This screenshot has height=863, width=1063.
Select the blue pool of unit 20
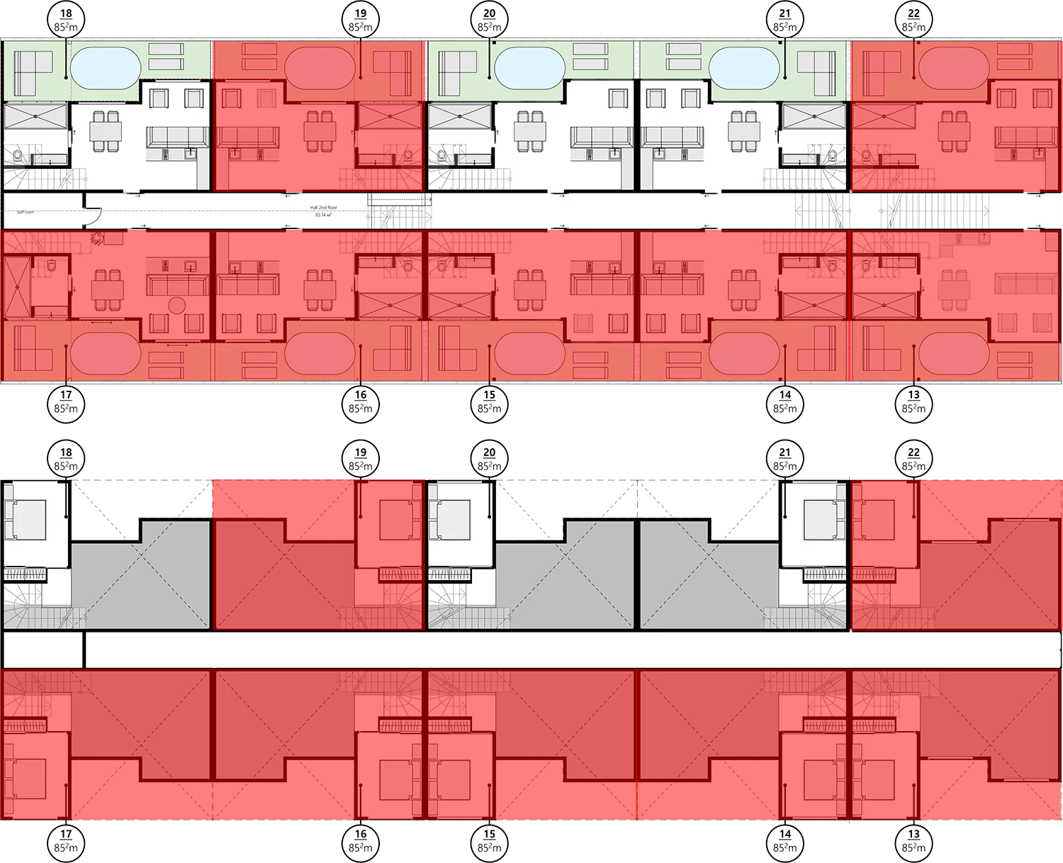tap(529, 67)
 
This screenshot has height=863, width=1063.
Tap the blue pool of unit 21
tap(743, 67)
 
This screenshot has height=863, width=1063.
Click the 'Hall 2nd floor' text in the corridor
tap(324, 208)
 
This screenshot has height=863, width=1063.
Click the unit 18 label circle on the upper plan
tap(66, 20)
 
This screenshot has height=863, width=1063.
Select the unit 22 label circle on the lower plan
tap(913, 460)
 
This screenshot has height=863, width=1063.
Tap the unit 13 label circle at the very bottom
tap(913, 841)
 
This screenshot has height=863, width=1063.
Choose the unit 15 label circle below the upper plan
tap(489, 402)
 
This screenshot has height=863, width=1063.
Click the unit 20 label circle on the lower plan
tap(489, 460)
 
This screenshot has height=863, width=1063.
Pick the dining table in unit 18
tap(106, 131)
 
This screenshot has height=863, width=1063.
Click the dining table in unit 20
tap(529, 131)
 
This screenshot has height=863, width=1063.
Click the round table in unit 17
tap(176, 306)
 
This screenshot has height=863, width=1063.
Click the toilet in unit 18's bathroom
tap(18, 154)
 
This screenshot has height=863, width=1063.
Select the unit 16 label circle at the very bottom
tap(361, 841)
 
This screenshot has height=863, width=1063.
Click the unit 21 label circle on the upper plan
tap(784, 20)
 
